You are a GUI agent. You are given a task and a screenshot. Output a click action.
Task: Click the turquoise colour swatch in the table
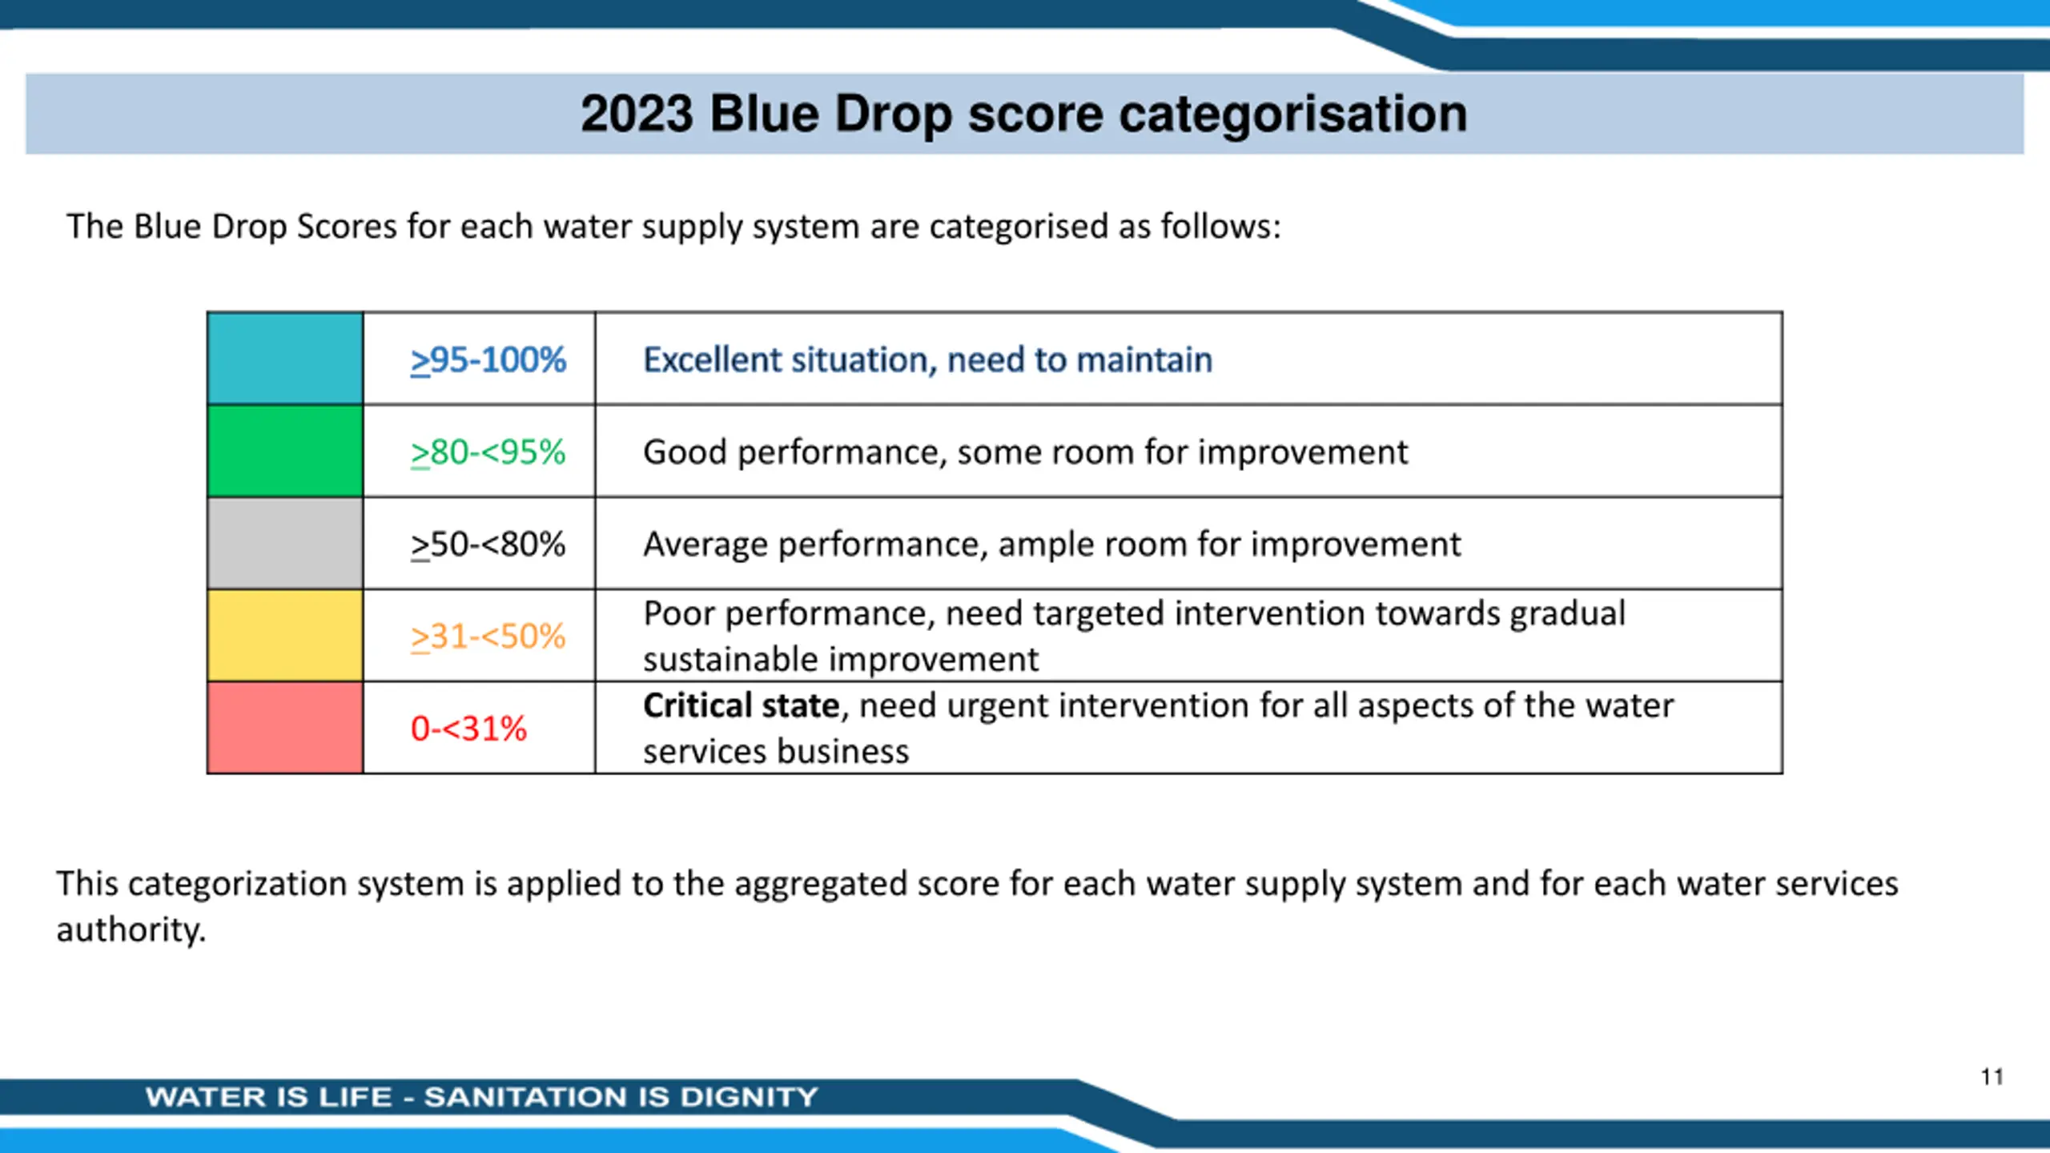click(285, 359)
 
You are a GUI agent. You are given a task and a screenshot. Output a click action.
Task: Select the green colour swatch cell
click(285, 451)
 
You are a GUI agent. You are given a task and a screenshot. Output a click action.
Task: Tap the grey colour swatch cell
click(285, 543)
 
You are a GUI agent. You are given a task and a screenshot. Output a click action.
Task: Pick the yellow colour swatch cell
click(285, 635)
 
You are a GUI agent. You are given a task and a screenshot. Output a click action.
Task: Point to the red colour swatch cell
click(285, 727)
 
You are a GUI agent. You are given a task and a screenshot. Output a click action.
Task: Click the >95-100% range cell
click(480, 359)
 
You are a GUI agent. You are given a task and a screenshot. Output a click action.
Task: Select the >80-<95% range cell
click(480, 451)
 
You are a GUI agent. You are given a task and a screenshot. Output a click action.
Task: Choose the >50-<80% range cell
click(480, 543)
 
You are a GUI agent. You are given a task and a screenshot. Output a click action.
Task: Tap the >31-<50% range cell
click(480, 635)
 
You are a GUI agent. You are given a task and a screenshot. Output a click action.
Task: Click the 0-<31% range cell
click(480, 727)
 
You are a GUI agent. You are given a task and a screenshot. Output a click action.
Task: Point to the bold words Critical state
click(742, 705)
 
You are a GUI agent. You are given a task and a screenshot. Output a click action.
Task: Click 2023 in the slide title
click(637, 114)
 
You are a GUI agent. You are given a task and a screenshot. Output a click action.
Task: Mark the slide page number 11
click(1992, 1077)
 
